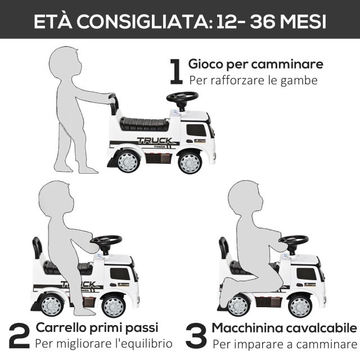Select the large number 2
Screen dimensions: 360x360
[x=19, y=335]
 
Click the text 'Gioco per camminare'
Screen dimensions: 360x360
[x=255, y=64]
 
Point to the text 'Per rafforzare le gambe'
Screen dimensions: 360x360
[x=253, y=80]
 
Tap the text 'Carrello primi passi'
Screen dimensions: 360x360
[x=97, y=327]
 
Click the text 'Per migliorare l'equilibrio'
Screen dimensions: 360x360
[x=104, y=343]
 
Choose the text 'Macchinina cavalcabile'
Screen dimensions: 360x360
[x=284, y=327]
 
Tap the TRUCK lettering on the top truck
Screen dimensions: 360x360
[x=154, y=141]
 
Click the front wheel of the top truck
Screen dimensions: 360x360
[x=190, y=162]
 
